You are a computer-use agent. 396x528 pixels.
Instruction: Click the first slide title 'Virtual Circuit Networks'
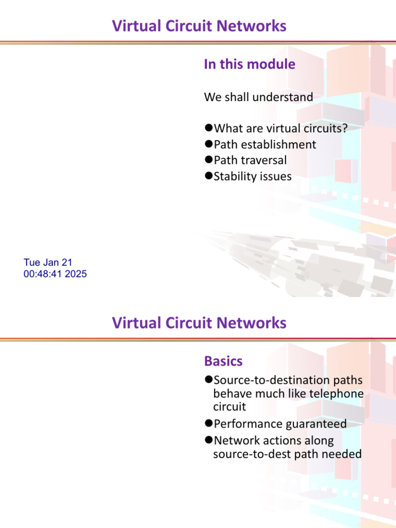[x=199, y=26]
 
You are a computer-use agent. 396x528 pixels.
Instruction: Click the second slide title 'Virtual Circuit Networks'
[x=199, y=323]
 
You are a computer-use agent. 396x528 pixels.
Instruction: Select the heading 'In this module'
[x=250, y=64]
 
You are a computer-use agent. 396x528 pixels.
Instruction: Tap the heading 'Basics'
[x=223, y=361]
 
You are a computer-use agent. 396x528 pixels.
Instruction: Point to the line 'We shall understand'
[x=258, y=97]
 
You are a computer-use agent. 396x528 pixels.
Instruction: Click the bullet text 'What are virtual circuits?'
[x=280, y=128]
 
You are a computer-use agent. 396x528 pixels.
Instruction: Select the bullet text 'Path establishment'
[x=265, y=144]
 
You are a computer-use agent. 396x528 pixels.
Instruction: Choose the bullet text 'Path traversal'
[x=250, y=160]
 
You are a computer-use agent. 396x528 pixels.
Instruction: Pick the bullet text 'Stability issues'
[x=252, y=176]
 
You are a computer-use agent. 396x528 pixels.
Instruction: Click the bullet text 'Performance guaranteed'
[x=280, y=424]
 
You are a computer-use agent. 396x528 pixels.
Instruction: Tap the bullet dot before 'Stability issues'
[x=208, y=176]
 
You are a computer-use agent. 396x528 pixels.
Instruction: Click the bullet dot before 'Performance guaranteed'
[x=208, y=424]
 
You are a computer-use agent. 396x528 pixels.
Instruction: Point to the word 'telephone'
[x=339, y=394]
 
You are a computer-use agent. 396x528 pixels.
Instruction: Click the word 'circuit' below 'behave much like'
[x=229, y=407]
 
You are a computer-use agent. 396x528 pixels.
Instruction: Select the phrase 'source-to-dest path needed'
[x=287, y=454]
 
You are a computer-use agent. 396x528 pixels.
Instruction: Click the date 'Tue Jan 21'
[x=48, y=263]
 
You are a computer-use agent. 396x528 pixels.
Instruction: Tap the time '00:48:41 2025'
[x=55, y=274]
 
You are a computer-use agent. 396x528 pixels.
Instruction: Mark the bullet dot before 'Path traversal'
[x=208, y=160]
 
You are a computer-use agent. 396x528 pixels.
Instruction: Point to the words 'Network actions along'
[x=273, y=441]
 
